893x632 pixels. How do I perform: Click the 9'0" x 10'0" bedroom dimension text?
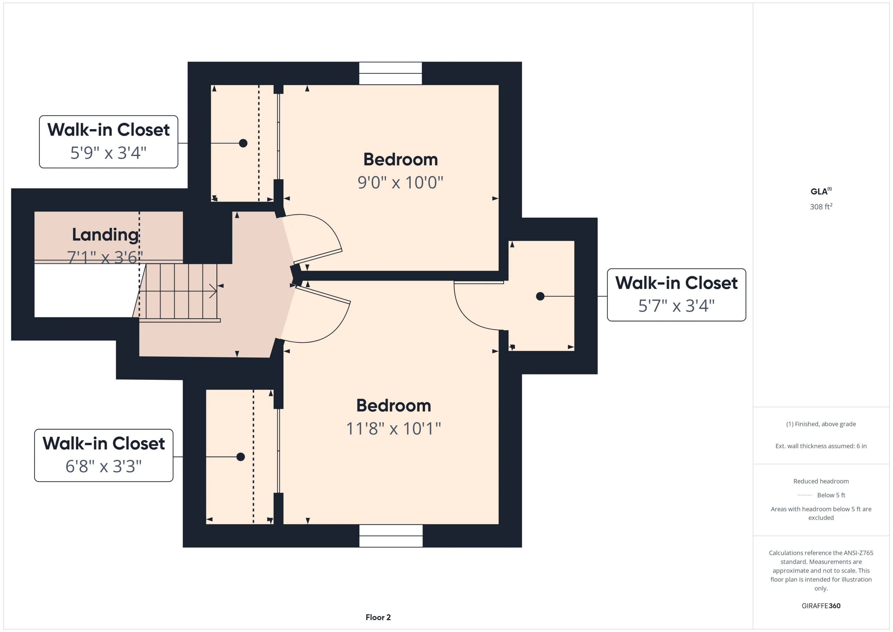(400, 182)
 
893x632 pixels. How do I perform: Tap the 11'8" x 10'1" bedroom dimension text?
(393, 428)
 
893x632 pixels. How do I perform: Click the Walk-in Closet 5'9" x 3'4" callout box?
(108, 142)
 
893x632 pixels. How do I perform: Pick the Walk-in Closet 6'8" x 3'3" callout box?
(103, 455)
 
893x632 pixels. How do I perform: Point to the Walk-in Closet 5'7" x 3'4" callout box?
(676, 295)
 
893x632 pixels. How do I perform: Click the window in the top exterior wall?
(390, 73)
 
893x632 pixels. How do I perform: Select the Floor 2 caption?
(378, 617)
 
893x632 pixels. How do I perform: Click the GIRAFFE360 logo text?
(821, 606)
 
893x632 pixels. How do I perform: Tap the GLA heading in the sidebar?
(821, 191)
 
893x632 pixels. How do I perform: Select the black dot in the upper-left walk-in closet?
(243, 143)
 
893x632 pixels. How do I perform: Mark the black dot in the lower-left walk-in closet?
(241, 457)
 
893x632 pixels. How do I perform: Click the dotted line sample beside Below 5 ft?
(804, 495)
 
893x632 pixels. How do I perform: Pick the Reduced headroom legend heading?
(821, 481)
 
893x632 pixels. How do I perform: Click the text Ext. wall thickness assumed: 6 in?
(821, 446)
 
